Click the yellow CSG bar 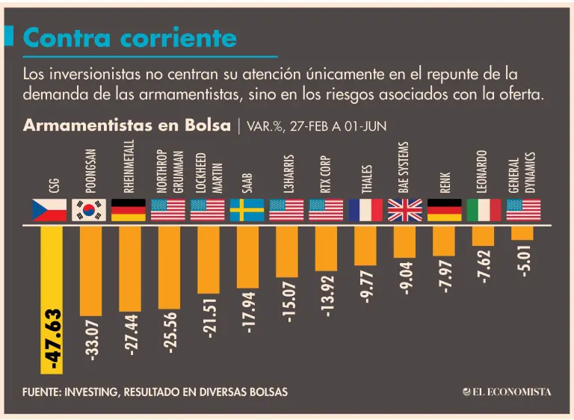pyautogui.click(x=52, y=300)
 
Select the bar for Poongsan pyautogui.click(x=90, y=271)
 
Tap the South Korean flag pyautogui.click(x=89, y=210)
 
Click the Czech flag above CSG pyautogui.click(x=49, y=210)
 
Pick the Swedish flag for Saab pyautogui.click(x=247, y=210)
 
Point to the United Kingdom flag pyautogui.click(x=405, y=210)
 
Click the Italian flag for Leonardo pyautogui.click(x=484, y=210)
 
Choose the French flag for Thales pyautogui.click(x=365, y=210)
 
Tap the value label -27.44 pyautogui.click(x=131, y=335)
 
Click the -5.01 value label pyautogui.click(x=523, y=261)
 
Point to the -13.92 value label pyautogui.click(x=327, y=296)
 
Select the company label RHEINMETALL pyautogui.click(x=129, y=166)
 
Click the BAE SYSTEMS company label pyautogui.click(x=403, y=167)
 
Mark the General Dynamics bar pyautogui.click(x=522, y=233)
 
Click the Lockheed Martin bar pyautogui.click(x=209, y=259)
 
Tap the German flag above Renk pyautogui.click(x=445, y=210)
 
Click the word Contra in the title pyautogui.click(x=67, y=37)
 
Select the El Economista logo pyautogui.click(x=507, y=392)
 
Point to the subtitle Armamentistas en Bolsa pyautogui.click(x=126, y=126)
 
